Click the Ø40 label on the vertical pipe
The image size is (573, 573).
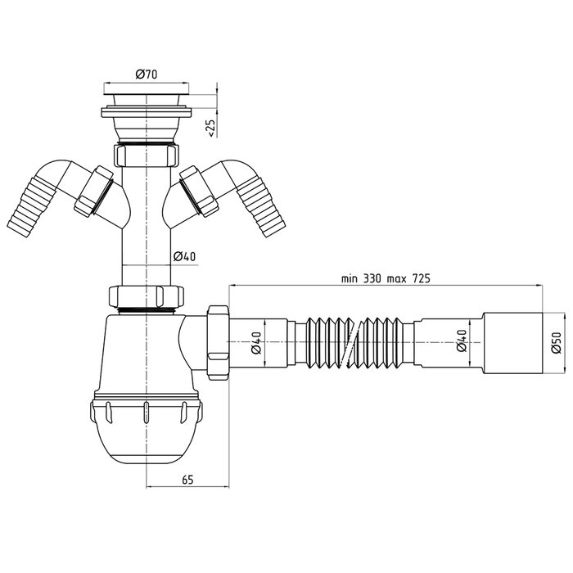pos(185,257)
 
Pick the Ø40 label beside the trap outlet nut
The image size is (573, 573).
pos(255,344)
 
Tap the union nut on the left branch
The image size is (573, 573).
pos(93,191)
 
